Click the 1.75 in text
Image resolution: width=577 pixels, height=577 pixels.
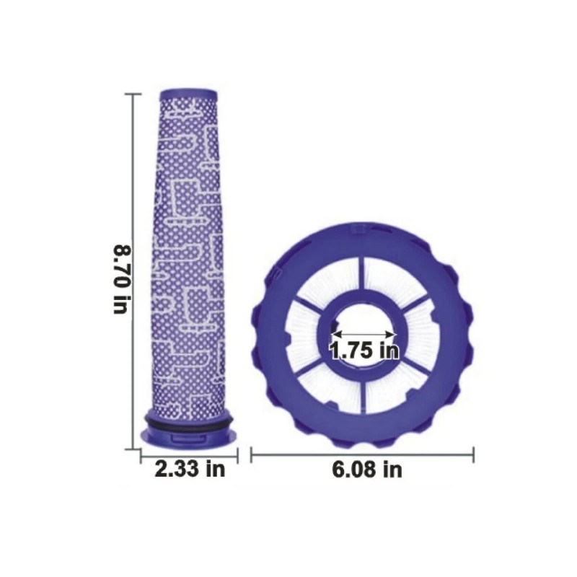pos(364,351)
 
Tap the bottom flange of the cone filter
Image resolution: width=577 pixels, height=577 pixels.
pos(190,436)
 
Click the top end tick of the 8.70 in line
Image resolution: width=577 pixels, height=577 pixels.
pos(133,94)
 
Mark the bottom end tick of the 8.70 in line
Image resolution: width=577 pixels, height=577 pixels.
pos(133,449)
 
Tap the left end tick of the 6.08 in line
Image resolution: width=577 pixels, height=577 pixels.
pos(251,454)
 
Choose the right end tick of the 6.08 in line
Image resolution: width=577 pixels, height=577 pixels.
pos(473,454)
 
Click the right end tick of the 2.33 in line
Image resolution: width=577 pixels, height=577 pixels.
pos(237,454)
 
